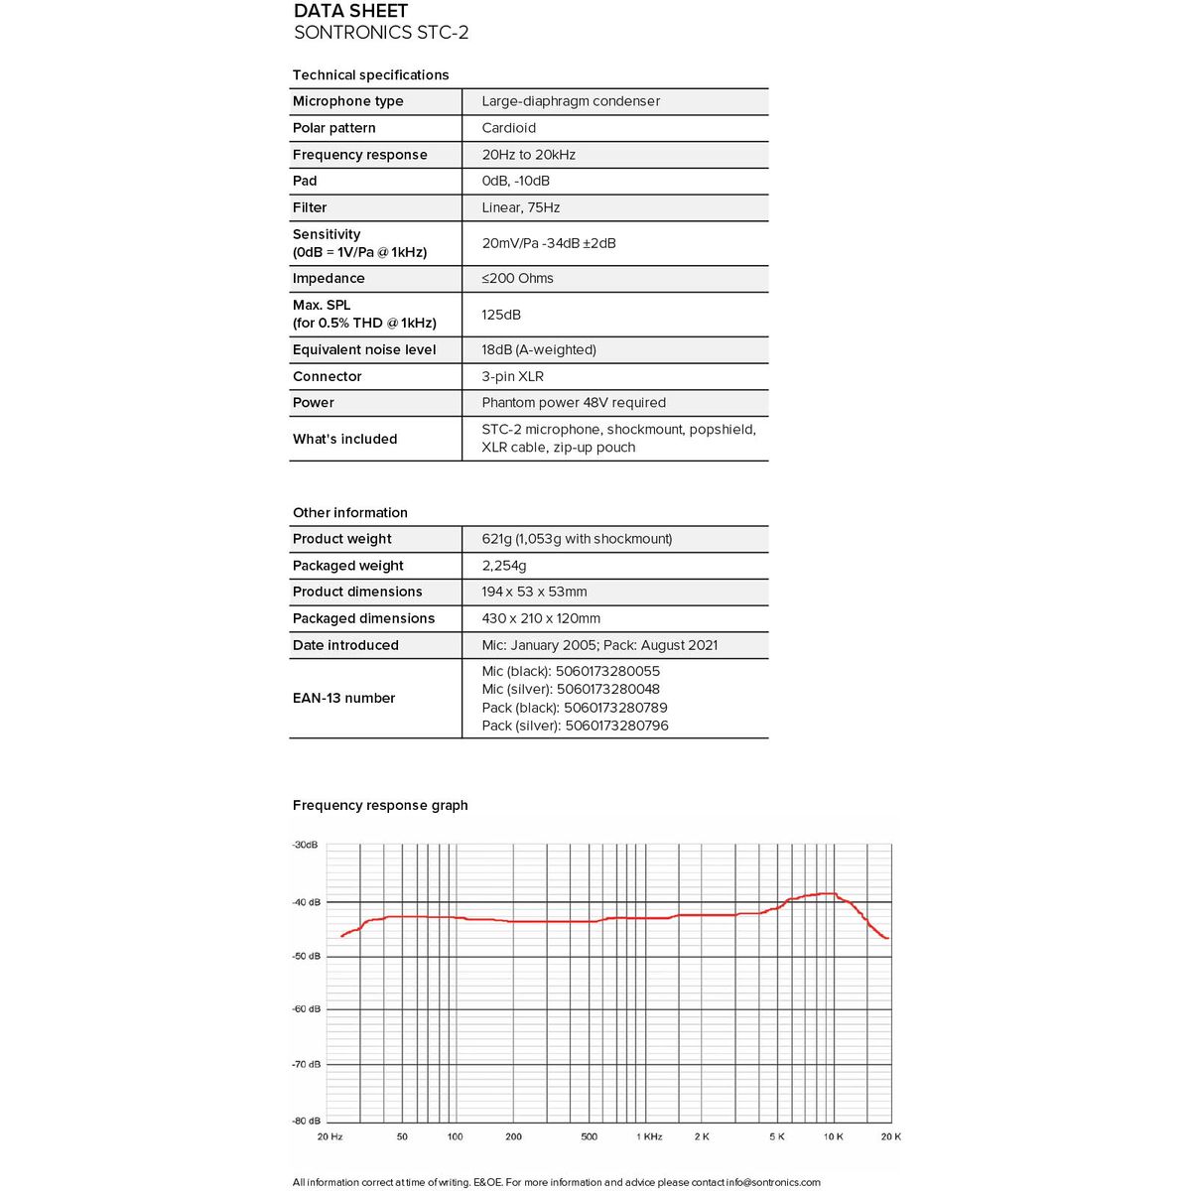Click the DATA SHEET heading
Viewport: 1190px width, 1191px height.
click(x=350, y=11)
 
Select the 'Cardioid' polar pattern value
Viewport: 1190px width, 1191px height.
click(x=508, y=128)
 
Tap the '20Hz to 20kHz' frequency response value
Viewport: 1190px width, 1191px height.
click(x=528, y=155)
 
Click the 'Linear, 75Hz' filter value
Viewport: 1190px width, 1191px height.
click(x=520, y=207)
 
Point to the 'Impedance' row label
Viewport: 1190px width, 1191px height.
click(x=329, y=279)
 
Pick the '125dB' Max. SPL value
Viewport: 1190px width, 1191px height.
click(x=501, y=315)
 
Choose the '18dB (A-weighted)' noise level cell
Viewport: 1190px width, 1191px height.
click(x=539, y=350)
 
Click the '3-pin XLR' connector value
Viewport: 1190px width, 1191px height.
click(x=512, y=377)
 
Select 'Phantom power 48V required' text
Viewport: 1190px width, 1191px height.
click(x=574, y=403)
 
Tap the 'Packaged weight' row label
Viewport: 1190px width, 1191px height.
click(x=347, y=566)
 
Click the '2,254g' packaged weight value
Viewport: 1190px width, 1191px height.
click(x=504, y=566)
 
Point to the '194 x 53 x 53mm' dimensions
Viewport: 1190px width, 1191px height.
click(x=534, y=592)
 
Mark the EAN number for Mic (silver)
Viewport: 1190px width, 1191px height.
click(x=571, y=690)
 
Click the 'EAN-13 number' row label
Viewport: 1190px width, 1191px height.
click(x=343, y=699)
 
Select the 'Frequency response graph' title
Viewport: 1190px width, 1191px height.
click(x=380, y=805)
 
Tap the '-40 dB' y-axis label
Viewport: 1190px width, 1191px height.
click(x=307, y=902)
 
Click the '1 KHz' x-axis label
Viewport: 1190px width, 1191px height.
click(x=649, y=1136)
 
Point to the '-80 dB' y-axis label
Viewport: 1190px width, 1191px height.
click(x=307, y=1121)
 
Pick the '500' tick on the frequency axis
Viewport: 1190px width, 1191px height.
click(x=589, y=1136)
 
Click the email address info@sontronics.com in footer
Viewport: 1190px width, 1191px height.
click(x=773, y=1182)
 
